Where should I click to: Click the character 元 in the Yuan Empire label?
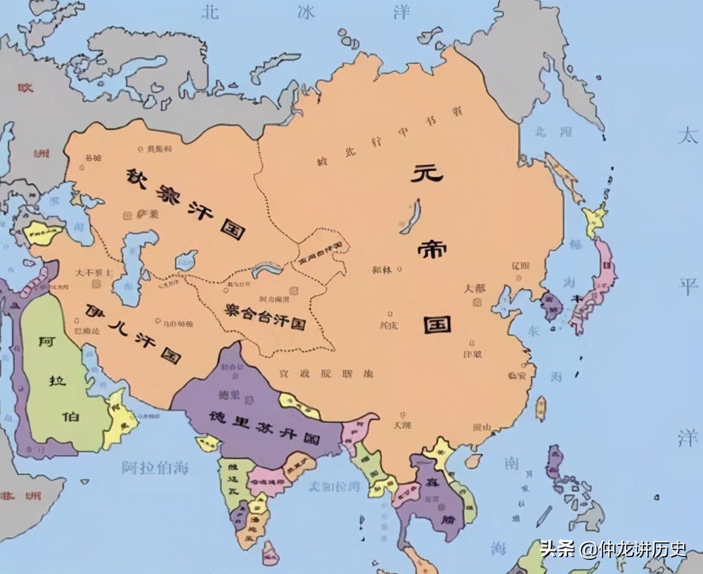[x=427, y=174]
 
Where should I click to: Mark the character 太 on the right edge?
[x=688, y=136]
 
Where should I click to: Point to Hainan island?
[x=473, y=461]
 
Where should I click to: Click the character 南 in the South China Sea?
[x=511, y=463]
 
